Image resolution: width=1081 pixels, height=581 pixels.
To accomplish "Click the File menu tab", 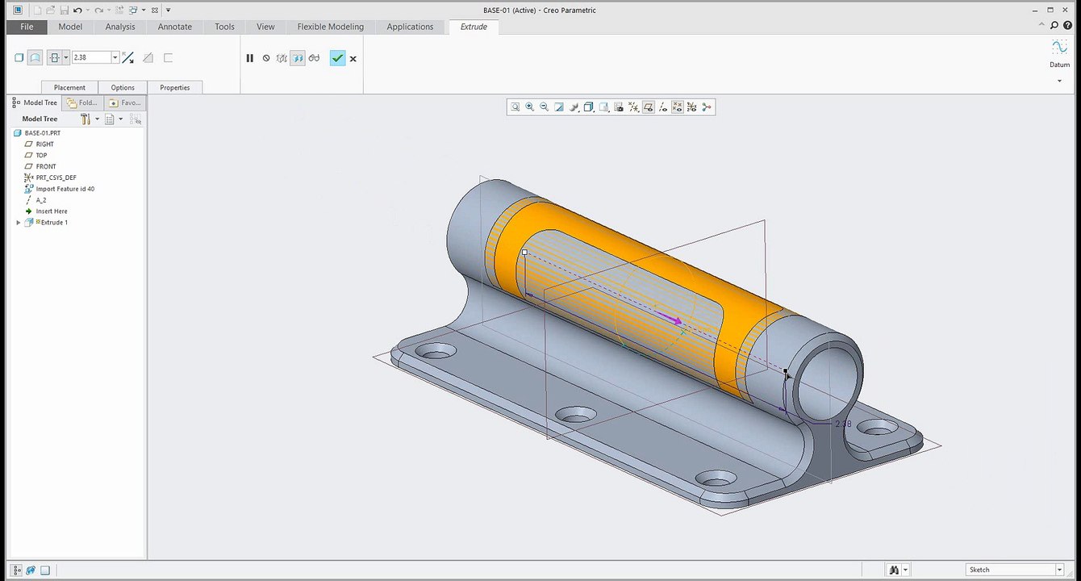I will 27,27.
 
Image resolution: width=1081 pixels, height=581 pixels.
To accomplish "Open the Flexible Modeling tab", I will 330,27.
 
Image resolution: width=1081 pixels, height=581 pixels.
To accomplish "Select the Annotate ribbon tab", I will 174,27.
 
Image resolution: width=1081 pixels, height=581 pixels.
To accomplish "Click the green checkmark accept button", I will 337,58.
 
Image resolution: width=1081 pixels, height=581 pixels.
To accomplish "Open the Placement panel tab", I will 69,87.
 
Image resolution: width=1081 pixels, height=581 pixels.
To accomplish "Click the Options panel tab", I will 123,87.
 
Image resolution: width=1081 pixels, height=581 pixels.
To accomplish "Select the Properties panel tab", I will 174,87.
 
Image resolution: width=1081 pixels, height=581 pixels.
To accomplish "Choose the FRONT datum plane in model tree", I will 46,166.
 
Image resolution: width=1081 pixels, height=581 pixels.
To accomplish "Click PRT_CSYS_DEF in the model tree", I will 56,178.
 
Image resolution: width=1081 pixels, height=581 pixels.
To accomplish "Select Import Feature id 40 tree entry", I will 65,189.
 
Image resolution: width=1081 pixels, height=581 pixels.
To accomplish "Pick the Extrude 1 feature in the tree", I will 54,223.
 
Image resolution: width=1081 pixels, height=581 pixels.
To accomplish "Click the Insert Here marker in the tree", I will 52,211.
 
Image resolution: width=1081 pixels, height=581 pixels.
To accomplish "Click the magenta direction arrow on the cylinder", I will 670,319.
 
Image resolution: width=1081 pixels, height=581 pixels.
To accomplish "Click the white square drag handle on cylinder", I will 524,253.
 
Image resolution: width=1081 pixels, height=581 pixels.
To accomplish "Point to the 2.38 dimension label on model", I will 842,424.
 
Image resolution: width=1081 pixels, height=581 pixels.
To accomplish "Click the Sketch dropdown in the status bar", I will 1015,570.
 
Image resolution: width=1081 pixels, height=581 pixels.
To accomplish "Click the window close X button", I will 1066,10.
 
